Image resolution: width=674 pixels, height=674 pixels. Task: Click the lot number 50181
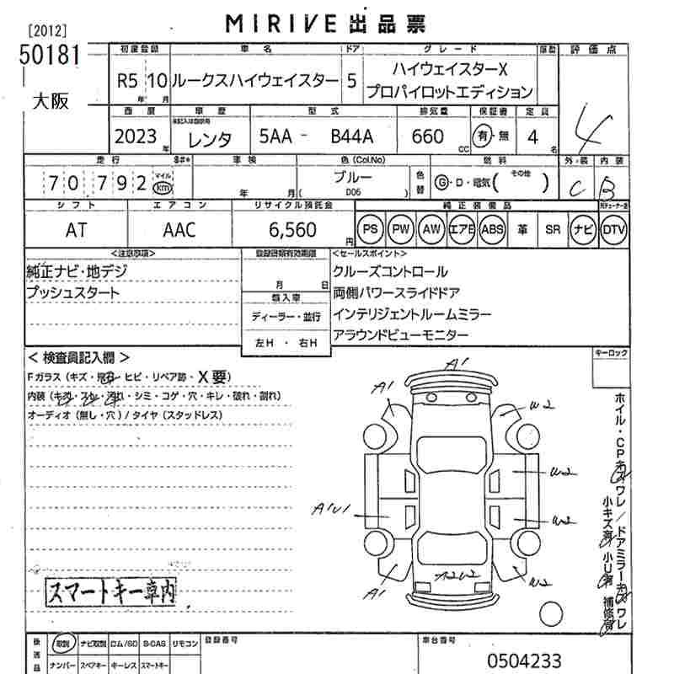point(49,54)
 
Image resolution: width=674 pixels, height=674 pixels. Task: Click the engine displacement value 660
point(428,136)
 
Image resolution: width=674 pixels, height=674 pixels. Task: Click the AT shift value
point(75,229)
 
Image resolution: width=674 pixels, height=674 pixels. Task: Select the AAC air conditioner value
point(179,229)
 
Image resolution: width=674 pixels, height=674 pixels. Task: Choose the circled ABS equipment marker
point(492,229)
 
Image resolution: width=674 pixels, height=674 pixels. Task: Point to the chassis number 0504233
point(523,660)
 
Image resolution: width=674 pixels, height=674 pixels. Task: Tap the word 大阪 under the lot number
point(51,102)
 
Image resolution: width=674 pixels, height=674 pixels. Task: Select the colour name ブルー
point(353,178)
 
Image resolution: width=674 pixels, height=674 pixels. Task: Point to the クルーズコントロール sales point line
point(390,272)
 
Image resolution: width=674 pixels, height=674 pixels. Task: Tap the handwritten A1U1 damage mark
point(331,510)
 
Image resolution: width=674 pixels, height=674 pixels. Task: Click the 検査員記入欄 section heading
point(78,357)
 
